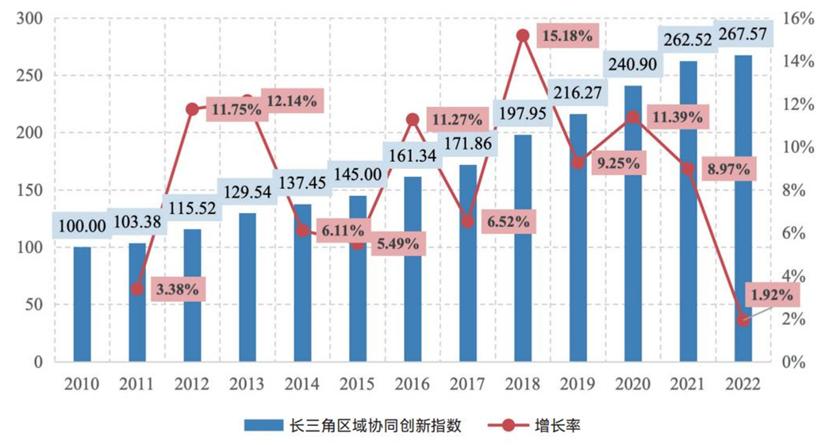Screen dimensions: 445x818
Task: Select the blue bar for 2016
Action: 413,269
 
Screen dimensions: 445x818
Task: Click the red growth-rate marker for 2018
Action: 523,36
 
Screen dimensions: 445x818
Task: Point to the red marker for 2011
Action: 137,289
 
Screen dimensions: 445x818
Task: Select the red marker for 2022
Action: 743,320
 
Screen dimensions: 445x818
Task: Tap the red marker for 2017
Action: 468,222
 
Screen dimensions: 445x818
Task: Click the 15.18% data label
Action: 566,36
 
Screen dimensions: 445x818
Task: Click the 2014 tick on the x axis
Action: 302,385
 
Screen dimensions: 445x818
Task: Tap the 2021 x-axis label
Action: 688,385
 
